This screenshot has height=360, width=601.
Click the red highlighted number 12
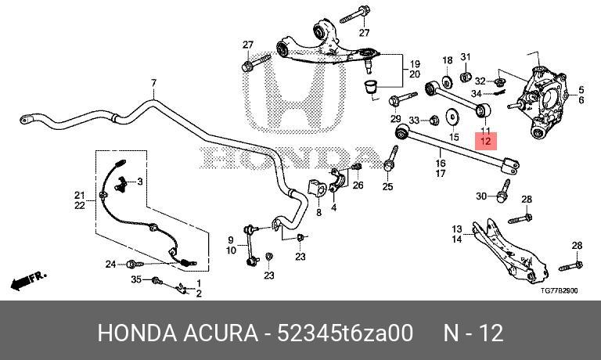point(486,141)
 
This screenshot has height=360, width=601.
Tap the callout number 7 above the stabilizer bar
point(153,82)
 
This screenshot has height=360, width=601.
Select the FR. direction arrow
point(29,281)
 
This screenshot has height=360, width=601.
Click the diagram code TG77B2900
point(560,290)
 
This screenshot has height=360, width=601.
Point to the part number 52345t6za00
point(345,333)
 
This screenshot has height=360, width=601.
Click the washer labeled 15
point(453,117)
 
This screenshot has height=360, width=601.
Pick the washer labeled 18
point(447,81)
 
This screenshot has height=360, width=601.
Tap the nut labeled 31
point(465,76)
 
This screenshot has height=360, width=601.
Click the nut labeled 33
point(434,120)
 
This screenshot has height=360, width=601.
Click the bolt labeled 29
point(402,99)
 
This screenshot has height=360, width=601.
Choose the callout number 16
point(441,164)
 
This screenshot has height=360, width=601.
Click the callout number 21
point(80,196)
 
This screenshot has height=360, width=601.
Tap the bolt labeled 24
point(135,265)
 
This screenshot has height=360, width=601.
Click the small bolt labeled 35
point(157,281)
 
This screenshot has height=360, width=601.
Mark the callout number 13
point(457,229)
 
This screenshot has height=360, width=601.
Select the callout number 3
point(140,182)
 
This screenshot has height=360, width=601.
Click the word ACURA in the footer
point(221,333)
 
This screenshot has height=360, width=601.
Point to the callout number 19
point(415,64)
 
